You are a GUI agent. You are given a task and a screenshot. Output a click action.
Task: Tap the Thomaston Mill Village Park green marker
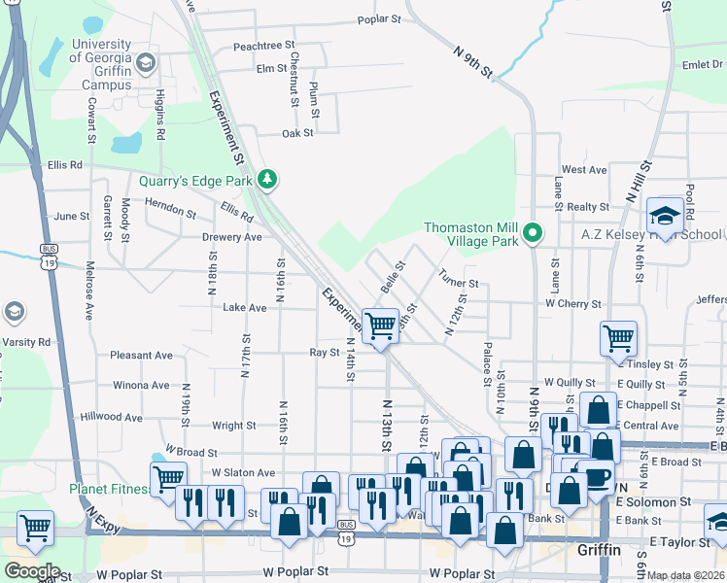[532, 233]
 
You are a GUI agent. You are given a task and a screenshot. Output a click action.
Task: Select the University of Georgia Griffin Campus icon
[145, 64]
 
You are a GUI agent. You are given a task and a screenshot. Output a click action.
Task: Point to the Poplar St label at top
[379, 18]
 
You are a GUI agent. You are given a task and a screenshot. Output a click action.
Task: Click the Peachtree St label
[263, 46]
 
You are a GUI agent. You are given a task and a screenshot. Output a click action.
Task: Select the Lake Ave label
[244, 308]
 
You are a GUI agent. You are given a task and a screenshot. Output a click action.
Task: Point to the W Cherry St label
[572, 304]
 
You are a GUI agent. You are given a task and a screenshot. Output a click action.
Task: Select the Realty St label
[588, 207]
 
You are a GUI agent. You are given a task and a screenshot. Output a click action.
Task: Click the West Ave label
[584, 170]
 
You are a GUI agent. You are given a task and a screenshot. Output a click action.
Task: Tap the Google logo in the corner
[32, 570]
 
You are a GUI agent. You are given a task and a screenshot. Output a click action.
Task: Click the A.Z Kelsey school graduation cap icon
[666, 215]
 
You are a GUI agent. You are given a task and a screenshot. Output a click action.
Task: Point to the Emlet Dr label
[702, 65]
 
